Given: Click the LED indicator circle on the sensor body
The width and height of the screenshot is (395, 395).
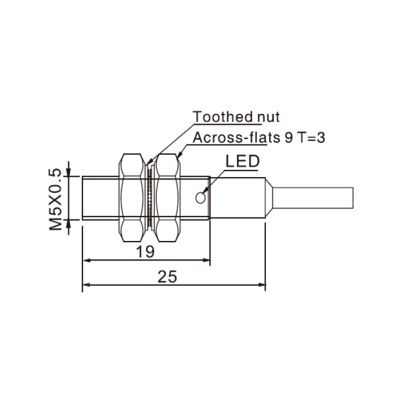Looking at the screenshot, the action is click(200, 197).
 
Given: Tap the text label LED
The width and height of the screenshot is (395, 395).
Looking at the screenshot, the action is click(242, 161).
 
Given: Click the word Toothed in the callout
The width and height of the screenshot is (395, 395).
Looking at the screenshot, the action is click(223, 117).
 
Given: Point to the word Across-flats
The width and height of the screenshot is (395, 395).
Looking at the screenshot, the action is click(236, 138).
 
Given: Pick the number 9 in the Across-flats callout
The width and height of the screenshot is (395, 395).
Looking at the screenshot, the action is click(288, 138).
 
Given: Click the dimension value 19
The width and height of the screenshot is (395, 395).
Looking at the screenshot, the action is click(145, 252).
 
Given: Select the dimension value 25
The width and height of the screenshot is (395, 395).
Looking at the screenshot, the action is click(167, 276).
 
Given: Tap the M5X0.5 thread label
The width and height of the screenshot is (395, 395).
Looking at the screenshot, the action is click(55, 199).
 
